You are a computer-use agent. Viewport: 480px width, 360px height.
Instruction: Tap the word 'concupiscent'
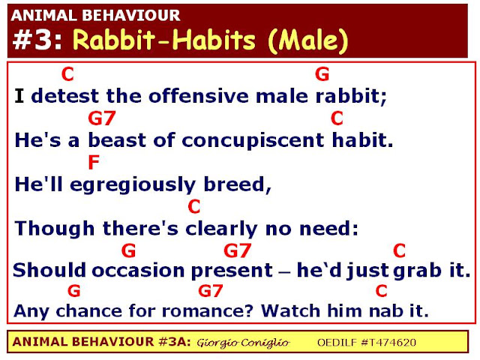coord(253,140)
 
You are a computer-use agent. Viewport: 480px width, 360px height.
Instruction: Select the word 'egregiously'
coord(133,185)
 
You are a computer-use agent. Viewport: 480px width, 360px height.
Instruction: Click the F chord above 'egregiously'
coord(94,162)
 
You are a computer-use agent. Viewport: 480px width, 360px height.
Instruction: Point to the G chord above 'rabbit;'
coord(322,74)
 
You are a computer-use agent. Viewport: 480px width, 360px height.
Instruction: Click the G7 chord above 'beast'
coord(102,118)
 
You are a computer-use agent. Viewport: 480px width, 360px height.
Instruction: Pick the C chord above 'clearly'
coord(194,207)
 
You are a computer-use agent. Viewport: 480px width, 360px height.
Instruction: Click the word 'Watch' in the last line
coord(291,310)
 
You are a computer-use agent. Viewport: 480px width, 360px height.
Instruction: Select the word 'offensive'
coord(199,96)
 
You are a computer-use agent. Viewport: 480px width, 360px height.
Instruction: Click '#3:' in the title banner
coord(38,40)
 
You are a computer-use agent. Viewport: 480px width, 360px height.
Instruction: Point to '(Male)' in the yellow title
coord(307,40)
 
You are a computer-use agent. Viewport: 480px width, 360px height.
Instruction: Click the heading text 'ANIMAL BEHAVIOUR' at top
coord(95,16)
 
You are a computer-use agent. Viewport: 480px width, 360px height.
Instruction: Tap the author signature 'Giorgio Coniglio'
coord(243,343)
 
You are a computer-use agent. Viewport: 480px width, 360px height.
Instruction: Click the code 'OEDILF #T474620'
coord(367,342)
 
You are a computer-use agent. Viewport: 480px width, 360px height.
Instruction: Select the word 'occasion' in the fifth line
coord(138,270)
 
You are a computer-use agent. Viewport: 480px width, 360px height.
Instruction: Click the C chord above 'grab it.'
coord(399,250)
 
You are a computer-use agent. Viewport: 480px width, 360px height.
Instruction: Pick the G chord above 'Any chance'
coord(74,290)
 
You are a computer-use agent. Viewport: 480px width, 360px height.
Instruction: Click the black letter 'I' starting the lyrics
coord(19,96)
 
